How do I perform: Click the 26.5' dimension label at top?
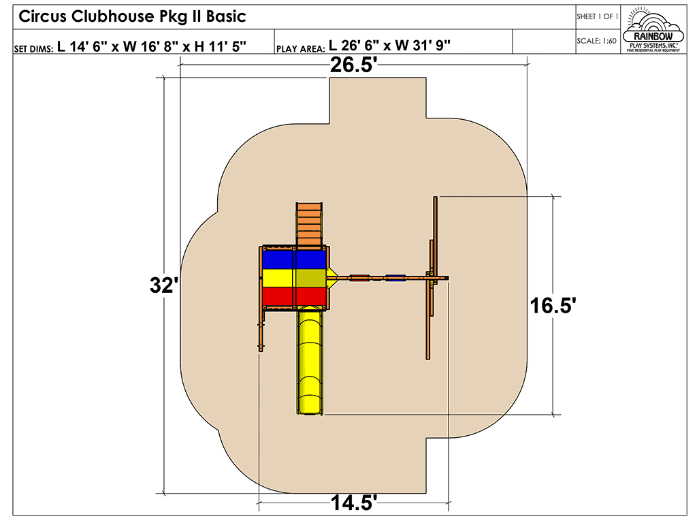pyautogui.click(x=353, y=66)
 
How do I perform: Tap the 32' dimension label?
pyautogui.click(x=164, y=285)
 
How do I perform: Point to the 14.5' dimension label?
pyautogui.click(x=354, y=503)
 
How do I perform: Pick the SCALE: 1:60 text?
pyautogui.click(x=596, y=41)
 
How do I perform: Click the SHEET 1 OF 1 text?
pyautogui.click(x=597, y=16)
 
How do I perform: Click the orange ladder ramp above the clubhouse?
pyautogui.click(x=310, y=224)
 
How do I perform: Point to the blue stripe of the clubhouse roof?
pyautogui.click(x=293, y=259)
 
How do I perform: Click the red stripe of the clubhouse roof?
pyautogui.click(x=293, y=296)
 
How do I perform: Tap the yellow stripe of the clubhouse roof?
pyautogui.click(x=293, y=278)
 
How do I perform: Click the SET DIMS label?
pyautogui.click(x=33, y=49)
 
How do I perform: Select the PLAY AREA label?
pyautogui.click(x=301, y=49)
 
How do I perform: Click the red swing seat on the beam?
pyautogui.click(x=359, y=277)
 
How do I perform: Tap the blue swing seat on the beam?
pyautogui.click(x=395, y=277)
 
